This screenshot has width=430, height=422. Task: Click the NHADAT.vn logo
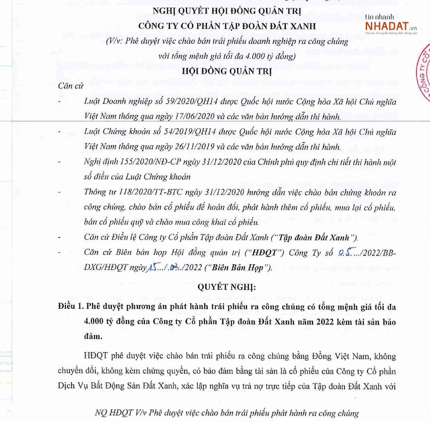[x=390, y=26]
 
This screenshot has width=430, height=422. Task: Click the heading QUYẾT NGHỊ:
[x=226, y=287]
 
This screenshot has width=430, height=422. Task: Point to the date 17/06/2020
[x=195, y=116]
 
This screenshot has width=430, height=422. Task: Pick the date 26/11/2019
[x=195, y=147]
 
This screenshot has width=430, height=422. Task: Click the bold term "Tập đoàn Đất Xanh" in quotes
[x=314, y=238]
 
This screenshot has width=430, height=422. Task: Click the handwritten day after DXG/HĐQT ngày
[x=152, y=267]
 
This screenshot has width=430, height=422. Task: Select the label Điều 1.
[x=71, y=306]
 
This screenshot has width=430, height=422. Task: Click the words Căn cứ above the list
[x=71, y=86]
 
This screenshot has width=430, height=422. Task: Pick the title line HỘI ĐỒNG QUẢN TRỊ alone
[x=227, y=71]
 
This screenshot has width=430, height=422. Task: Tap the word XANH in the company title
[x=301, y=26]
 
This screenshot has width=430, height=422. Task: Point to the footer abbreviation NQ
[x=101, y=413]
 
